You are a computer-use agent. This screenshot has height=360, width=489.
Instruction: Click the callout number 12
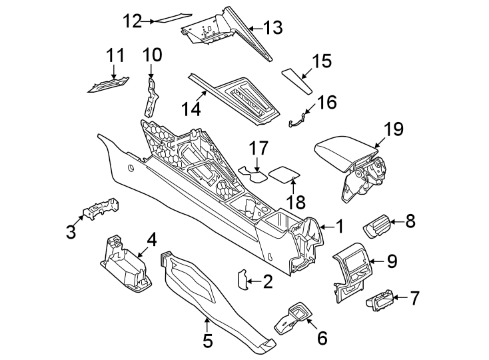tap(132, 21)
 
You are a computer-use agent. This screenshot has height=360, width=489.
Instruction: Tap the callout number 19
tap(394, 129)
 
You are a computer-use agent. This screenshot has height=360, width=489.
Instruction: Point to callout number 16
tap(327, 103)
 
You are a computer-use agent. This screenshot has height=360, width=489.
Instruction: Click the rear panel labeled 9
tap(352, 269)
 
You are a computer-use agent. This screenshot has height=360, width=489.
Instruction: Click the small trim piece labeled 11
tap(110, 84)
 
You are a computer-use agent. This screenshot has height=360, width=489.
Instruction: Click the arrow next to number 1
tap(322, 228)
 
